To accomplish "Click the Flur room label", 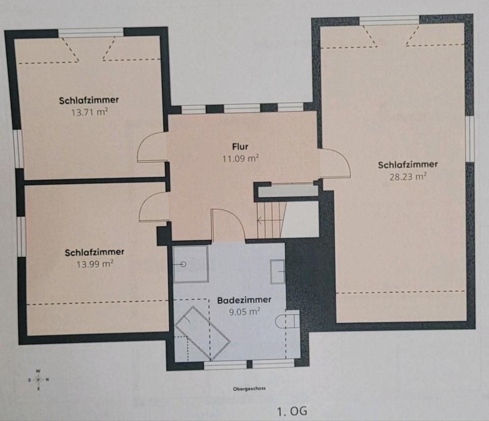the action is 240,147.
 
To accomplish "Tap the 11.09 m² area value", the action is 240,159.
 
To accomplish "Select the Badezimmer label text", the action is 244,300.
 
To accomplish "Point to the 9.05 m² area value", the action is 244,312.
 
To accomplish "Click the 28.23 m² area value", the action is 408,177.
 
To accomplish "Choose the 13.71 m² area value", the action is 90,112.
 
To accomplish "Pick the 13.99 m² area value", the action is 95,264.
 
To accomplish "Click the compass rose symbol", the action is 38,380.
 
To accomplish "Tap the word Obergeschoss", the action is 249,388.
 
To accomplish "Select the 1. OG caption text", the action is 292,411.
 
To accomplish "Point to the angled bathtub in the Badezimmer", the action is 203,333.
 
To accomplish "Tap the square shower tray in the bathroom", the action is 191,264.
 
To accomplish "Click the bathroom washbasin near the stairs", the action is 277,272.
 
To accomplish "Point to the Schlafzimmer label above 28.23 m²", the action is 408,164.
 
